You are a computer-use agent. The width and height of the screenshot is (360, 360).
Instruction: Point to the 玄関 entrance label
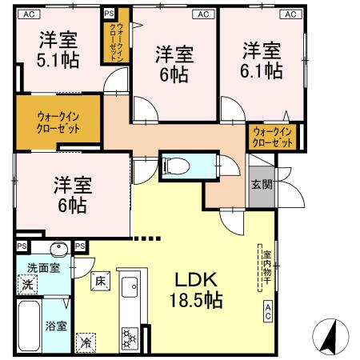tap(261, 185)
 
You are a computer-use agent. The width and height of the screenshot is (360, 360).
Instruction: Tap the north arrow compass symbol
tap(329, 336)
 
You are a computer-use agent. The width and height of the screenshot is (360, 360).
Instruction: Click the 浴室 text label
tap(56, 326)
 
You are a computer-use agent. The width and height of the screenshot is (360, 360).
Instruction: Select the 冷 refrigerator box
tap(86, 341)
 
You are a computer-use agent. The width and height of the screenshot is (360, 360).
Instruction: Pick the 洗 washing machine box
tap(27, 285)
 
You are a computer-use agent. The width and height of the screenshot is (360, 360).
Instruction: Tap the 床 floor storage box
tap(100, 282)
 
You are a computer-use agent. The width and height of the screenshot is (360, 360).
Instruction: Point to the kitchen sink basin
tap(129, 286)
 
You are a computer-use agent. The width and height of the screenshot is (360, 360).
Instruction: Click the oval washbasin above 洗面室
tap(58, 248)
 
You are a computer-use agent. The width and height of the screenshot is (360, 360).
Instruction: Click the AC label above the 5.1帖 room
tap(29, 14)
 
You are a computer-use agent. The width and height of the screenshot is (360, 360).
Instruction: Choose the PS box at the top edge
tap(109, 14)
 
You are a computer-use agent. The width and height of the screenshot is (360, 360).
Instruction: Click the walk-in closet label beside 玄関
tap(270, 136)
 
